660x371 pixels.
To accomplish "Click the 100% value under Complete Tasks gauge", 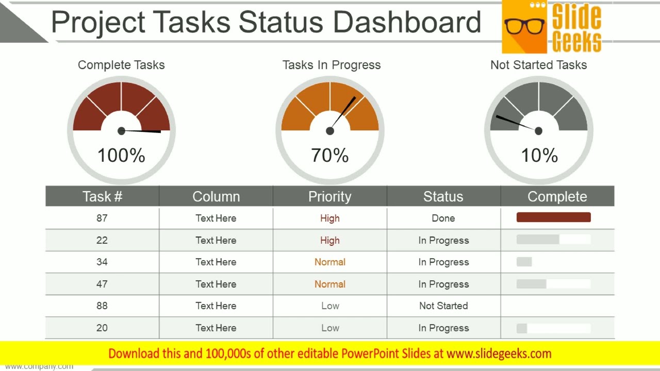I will pyautogui.click(x=121, y=155).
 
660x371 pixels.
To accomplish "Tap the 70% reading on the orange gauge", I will pyautogui.click(x=330, y=155).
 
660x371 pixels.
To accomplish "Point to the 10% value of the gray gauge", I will pyautogui.click(x=539, y=155).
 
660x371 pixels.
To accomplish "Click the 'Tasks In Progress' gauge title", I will pyautogui.click(x=332, y=65).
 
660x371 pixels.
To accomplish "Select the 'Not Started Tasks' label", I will pyautogui.click(x=538, y=65).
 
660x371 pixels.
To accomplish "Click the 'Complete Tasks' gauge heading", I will pyautogui.click(x=121, y=65).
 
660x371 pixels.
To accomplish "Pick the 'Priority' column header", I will pyautogui.click(x=329, y=196).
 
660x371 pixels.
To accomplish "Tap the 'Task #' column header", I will pyautogui.click(x=102, y=196).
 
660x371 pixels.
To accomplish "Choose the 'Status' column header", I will pyautogui.click(x=443, y=196).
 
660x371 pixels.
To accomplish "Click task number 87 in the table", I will pyautogui.click(x=102, y=218).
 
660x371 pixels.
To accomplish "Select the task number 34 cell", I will pyautogui.click(x=102, y=262).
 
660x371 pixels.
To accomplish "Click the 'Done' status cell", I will pyautogui.click(x=443, y=218).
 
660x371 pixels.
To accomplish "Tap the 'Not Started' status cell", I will pyautogui.click(x=443, y=306).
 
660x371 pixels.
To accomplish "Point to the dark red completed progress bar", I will pyautogui.click(x=553, y=217).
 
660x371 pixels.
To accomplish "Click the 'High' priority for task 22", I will pyautogui.click(x=330, y=240).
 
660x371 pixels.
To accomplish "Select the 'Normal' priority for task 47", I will pyautogui.click(x=330, y=284).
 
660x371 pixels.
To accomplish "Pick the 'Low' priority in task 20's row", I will pyautogui.click(x=330, y=328).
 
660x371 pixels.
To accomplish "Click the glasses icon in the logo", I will pyautogui.click(x=524, y=26).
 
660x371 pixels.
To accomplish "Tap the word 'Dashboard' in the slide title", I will pyautogui.click(x=407, y=22).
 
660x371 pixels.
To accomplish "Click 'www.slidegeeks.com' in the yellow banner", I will pyautogui.click(x=499, y=353).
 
